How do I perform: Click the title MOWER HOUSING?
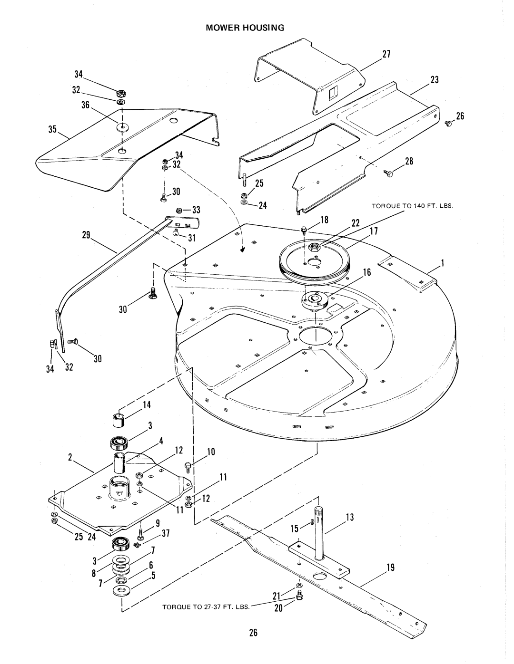245,28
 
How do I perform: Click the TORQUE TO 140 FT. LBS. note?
412,206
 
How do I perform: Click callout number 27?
386,54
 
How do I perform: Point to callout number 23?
435,80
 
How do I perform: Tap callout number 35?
52,129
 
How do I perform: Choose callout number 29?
86,235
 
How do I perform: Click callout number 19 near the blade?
390,568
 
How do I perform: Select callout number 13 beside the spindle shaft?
349,517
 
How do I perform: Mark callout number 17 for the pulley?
373,231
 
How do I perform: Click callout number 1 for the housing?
442,263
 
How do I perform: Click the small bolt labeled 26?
449,124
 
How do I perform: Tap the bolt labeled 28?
388,173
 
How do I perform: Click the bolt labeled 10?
188,468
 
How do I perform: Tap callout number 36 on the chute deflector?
85,105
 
